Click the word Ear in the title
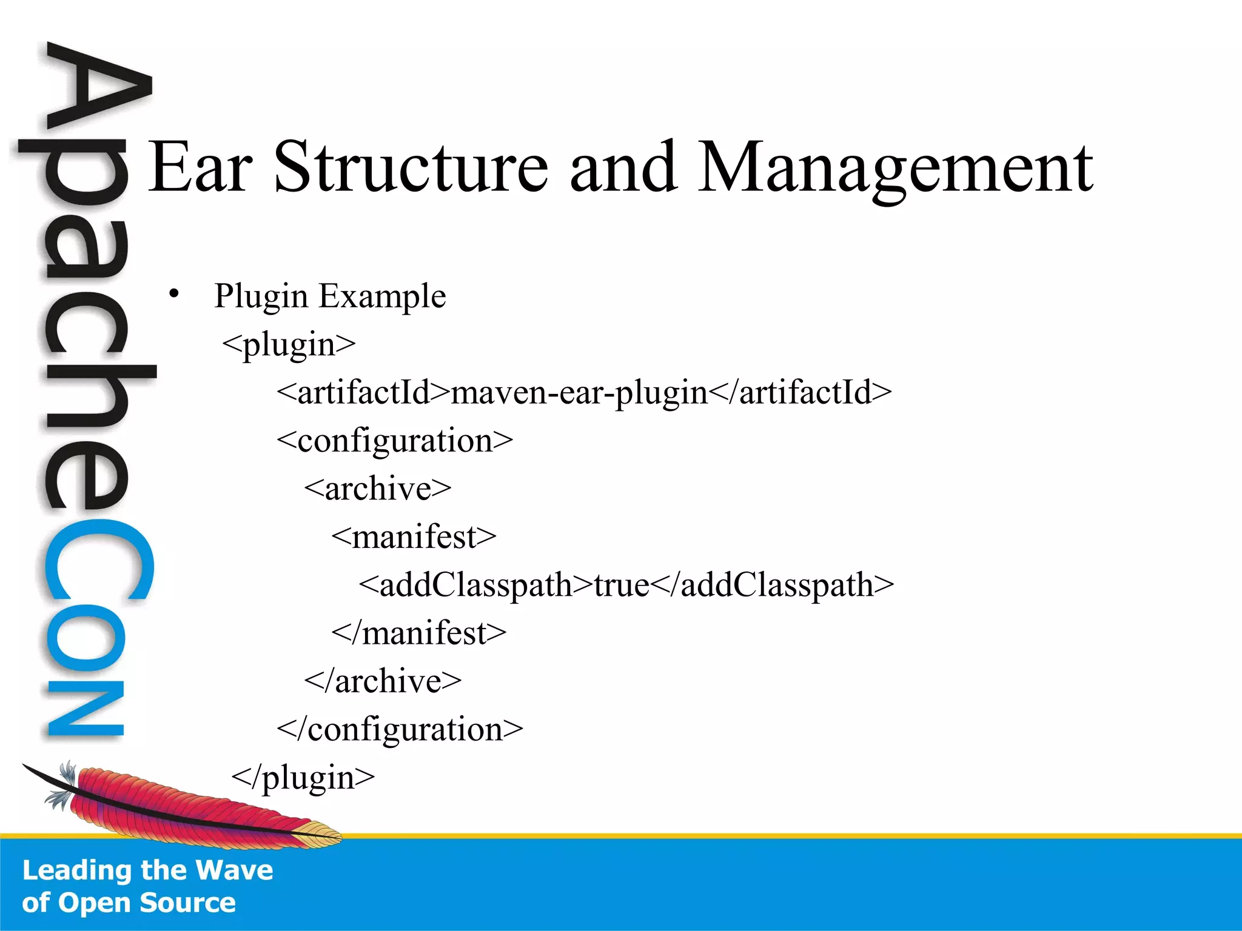click(200, 167)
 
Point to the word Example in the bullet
click(382, 297)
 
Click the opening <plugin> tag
click(289, 345)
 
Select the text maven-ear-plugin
click(579, 393)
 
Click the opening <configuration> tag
click(395, 441)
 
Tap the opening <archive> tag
click(378, 489)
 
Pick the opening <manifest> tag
click(414, 537)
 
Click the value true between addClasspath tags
click(621, 585)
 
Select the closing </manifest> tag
click(419, 633)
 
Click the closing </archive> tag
click(383, 681)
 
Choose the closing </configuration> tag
click(400, 729)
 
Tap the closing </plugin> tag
click(303, 778)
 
